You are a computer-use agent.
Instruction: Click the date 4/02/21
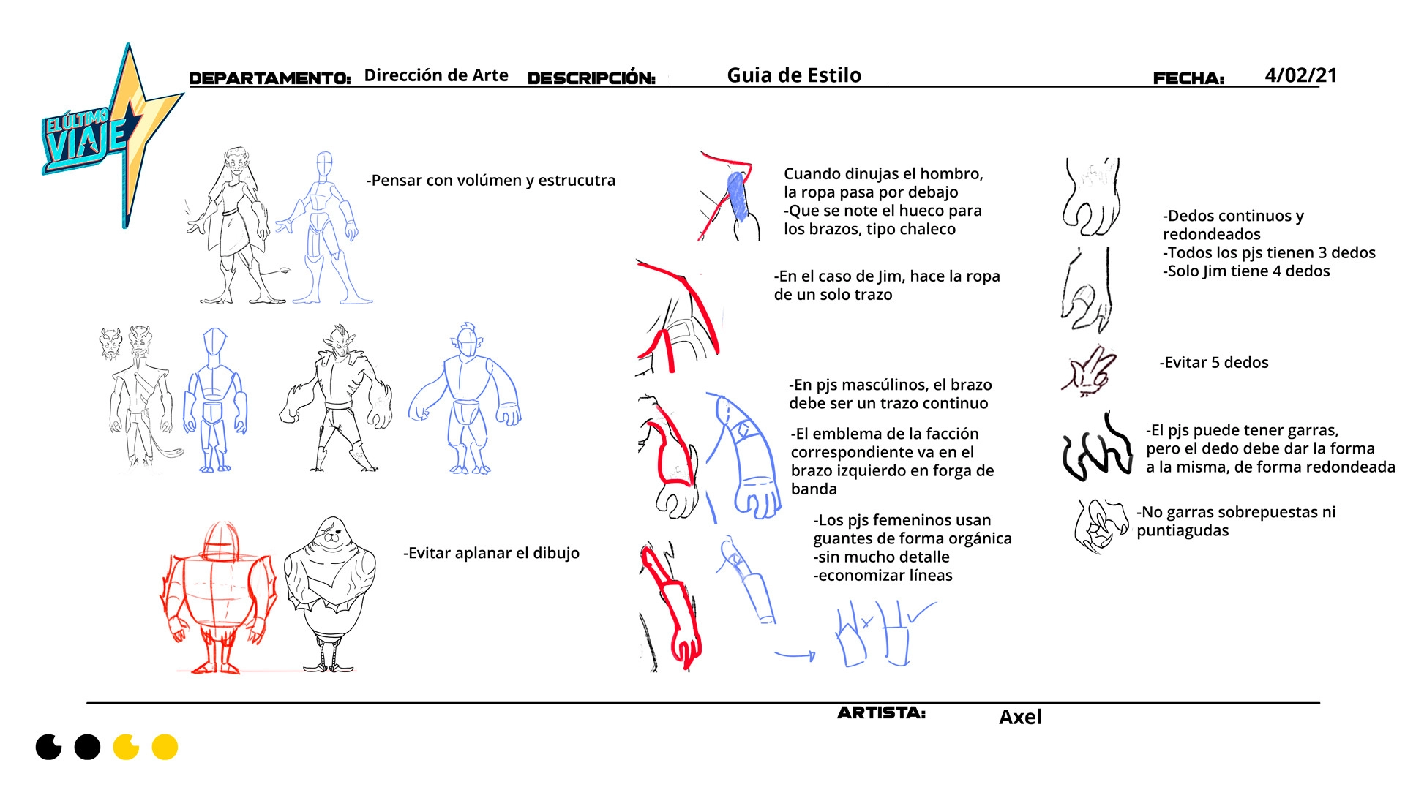coord(1300,75)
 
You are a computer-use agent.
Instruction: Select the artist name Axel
coord(1020,717)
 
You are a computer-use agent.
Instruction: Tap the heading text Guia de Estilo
coord(794,75)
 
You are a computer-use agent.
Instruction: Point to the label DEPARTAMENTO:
coord(270,78)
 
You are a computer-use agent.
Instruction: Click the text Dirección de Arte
coord(436,75)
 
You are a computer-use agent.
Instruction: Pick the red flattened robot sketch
coord(218,597)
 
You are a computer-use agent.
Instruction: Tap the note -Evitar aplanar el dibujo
coord(491,553)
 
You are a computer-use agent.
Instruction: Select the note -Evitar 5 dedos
coord(1214,362)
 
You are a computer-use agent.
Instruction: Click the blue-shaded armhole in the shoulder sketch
coord(738,196)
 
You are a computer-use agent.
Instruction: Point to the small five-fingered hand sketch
coord(1090,371)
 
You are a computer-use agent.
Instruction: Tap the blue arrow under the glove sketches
coord(795,655)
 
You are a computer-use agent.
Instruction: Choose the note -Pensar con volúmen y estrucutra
coord(491,181)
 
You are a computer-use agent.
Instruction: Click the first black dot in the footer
coord(49,747)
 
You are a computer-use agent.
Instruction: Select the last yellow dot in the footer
coord(165,747)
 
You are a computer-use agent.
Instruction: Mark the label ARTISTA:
coord(882,712)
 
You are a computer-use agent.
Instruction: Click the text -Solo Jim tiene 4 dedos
coord(1246,271)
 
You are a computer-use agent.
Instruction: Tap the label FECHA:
coord(1188,78)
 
